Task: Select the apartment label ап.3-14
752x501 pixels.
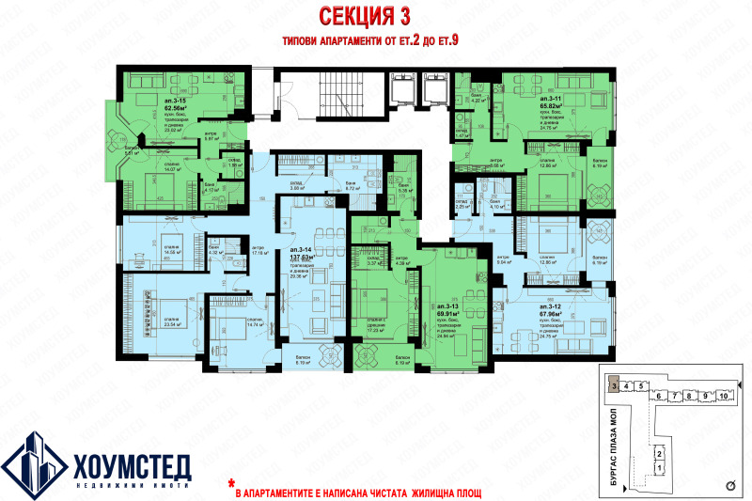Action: [x=301, y=249]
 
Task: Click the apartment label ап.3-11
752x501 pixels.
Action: [x=550, y=99]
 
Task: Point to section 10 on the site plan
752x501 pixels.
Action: [x=722, y=397]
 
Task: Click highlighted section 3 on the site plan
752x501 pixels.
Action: [x=613, y=385]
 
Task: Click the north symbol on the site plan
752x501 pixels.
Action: [x=730, y=486]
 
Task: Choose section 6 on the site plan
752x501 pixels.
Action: [x=661, y=397]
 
